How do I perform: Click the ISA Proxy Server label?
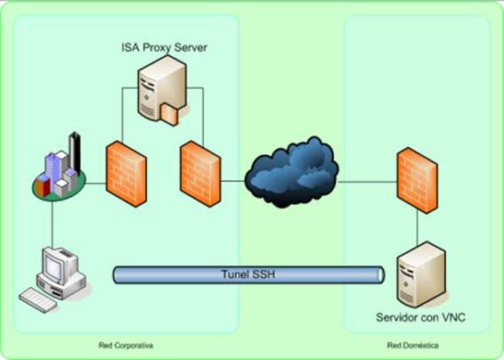click(164, 47)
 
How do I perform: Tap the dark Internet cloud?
click(291, 172)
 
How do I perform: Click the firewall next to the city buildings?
click(126, 174)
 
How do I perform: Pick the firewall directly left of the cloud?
click(200, 174)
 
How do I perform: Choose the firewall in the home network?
click(418, 180)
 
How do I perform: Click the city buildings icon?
click(60, 168)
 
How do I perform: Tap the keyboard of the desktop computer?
click(38, 299)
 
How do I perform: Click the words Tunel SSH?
click(248, 274)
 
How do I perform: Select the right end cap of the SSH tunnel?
click(380, 274)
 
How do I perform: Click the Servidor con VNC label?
click(421, 317)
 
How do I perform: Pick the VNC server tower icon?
click(421, 274)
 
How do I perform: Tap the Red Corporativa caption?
click(126, 346)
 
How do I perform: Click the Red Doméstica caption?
click(412, 346)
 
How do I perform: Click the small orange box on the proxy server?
click(169, 114)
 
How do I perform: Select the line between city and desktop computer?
click(52, 225)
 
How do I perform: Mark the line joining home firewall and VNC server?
click(418, 227)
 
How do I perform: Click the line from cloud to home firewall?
click(368, 182)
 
